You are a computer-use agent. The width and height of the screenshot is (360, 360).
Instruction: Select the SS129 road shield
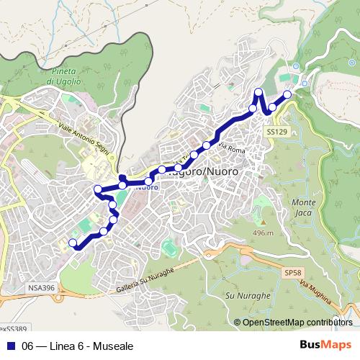tap(276, 132)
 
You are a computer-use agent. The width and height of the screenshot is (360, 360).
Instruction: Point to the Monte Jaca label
tap(304, 209)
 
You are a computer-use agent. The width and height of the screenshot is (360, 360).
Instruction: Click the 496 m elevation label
tap(263, 233)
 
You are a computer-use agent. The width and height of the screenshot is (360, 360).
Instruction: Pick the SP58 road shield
tap(292, 274)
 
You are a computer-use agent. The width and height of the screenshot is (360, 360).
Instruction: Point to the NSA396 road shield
tap(42, 287)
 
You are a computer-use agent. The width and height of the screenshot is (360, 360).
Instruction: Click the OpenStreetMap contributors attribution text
tap(297, 322)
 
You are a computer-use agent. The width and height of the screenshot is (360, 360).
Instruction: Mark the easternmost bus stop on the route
tap(287, 94)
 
